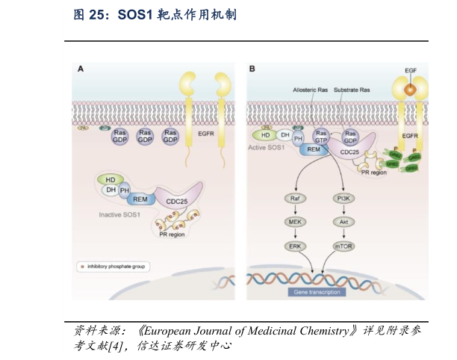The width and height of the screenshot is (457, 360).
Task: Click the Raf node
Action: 295,199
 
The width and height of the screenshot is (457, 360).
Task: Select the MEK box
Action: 295,222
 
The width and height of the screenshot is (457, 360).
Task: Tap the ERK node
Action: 295,245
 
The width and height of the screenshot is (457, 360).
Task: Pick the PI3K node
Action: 345,199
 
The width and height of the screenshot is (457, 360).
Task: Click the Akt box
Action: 345,222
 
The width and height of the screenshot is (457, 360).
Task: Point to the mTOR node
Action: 345,245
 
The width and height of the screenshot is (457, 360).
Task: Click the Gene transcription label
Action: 317,292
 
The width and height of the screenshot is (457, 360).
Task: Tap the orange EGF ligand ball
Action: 410,89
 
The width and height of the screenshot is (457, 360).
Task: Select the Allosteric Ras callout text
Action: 311,90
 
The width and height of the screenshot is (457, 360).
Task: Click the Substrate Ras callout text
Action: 352,90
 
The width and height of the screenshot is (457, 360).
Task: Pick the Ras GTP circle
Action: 323,137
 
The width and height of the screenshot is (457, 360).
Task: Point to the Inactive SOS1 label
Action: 125,214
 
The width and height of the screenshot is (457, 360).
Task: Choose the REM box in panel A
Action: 139,199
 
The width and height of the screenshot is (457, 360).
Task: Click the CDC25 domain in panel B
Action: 349,152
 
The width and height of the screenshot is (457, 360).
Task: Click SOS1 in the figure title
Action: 139,14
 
